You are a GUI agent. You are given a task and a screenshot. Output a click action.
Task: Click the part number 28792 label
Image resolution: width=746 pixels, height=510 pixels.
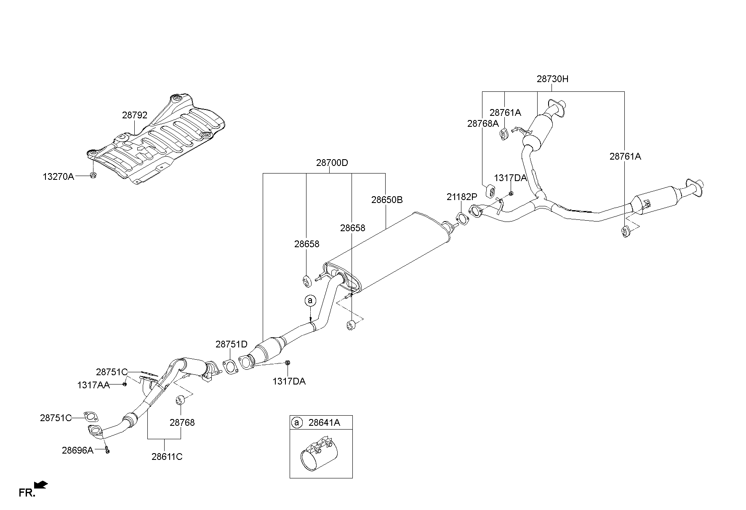click(x=135, y=115)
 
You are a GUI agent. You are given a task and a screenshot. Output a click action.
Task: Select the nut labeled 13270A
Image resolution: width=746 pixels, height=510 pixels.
click(x=93, y=175)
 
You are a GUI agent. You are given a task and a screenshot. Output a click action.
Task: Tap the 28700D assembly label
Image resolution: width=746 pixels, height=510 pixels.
click(x=332, y=163)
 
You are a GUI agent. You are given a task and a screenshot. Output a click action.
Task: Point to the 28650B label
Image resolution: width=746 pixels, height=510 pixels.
click(x=386, y=200)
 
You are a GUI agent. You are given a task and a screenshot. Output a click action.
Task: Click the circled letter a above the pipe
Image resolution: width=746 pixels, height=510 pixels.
click(x=310, y=300)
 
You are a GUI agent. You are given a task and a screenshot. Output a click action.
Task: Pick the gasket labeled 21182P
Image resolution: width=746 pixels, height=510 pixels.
click(x=462, y=219)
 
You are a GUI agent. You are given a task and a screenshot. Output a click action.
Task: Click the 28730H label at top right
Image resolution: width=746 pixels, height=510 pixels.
click(x=552, y=79)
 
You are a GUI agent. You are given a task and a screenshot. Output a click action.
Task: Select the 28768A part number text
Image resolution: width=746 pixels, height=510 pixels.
click(x=482, y=123)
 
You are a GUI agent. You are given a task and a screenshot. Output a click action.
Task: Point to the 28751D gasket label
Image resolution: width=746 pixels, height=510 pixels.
click(x=232, y=344)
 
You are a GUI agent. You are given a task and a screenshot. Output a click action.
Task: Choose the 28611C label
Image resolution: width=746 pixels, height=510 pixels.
click(x=167, y=457)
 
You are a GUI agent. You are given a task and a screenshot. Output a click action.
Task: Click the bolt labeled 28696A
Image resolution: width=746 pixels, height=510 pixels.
click(x=107, y=451)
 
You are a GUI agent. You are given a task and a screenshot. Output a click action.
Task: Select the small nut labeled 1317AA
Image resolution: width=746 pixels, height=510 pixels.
click(x=125, y=384)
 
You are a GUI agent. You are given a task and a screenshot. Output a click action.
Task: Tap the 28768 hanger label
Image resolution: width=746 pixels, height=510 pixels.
click(x=182, y=422)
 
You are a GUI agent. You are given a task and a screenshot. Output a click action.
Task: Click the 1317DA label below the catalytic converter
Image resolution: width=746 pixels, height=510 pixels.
click(x=289, y=382)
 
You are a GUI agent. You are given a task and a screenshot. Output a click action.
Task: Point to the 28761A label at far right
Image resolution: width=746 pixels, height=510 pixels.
click(x=625, y=156)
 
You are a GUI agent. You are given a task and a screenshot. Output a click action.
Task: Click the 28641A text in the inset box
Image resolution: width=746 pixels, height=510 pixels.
click(x=324, y=422)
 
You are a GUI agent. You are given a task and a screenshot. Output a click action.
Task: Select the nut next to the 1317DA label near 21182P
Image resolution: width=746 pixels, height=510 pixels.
click(x=511, y=193)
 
